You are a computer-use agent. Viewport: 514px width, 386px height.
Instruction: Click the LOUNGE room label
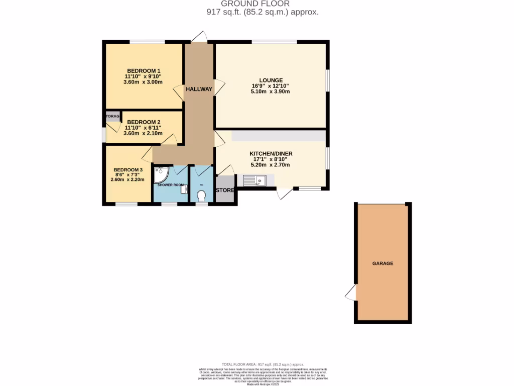coord(271,80)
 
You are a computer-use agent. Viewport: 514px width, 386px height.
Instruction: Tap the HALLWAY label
coord(199,89)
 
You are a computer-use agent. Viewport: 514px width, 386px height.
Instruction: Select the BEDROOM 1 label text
coord(144,70)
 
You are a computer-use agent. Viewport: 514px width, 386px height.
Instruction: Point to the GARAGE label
coord(382,263)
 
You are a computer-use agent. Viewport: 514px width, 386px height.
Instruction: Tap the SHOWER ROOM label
coord(171,185)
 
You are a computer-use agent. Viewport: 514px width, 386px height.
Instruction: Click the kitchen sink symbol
coord(254,180)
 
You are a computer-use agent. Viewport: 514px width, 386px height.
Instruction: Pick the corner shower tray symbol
coord(161,174)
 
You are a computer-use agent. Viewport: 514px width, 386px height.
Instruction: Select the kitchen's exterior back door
coord(284,193)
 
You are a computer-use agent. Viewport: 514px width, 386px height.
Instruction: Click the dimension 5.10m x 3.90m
coord(271,91)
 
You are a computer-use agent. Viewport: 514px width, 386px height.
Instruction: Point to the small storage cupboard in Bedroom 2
coord(113,117)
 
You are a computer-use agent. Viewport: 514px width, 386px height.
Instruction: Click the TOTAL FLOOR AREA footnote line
coord(263,364)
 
